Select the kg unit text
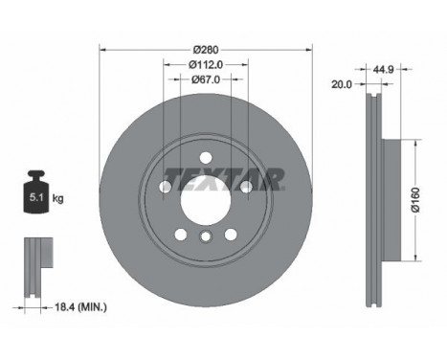57,198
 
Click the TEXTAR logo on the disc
223,178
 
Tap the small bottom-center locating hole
205,236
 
